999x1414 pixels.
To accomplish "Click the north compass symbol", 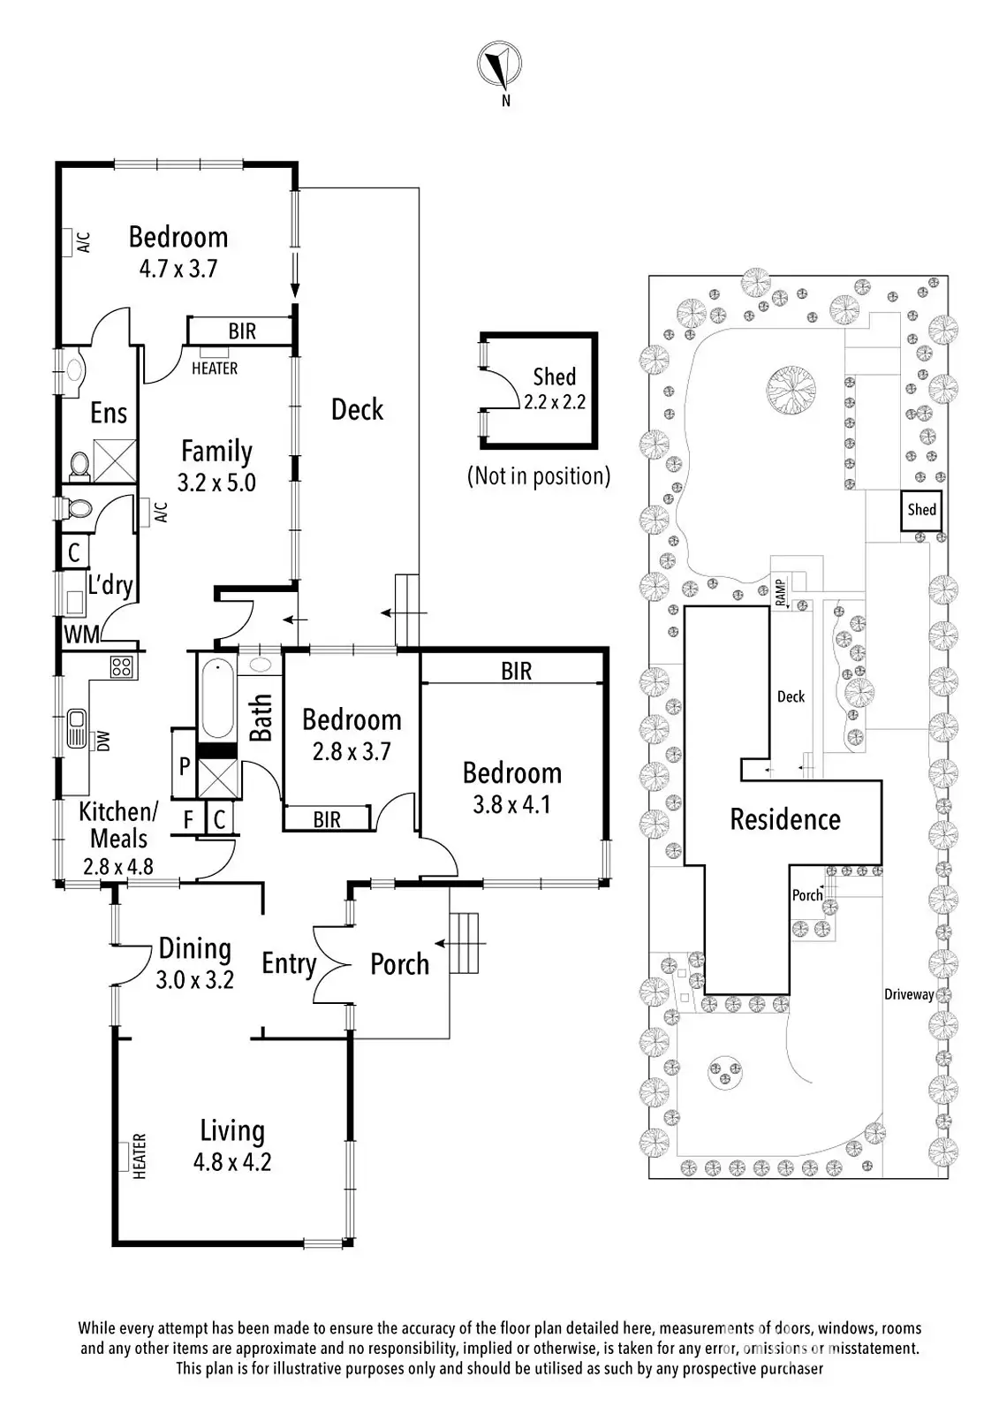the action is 498,65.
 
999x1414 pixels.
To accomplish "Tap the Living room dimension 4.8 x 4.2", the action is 232,1162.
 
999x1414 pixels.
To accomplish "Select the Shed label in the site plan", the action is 921,509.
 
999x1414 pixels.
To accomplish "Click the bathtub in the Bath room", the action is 217,697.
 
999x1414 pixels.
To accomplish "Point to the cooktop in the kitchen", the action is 121,666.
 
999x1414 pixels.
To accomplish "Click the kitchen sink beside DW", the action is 77,728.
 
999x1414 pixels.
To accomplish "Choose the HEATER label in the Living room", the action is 140,1157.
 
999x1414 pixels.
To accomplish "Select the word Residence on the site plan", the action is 785,819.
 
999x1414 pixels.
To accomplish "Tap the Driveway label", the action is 909,994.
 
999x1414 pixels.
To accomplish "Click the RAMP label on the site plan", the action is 781,592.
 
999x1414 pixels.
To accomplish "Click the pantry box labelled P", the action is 185,764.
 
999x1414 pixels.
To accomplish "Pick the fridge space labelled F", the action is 188,819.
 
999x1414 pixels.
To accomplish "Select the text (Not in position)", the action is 539,476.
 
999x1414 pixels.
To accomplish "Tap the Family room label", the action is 216,452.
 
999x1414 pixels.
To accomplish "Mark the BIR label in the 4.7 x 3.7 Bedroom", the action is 242,331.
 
